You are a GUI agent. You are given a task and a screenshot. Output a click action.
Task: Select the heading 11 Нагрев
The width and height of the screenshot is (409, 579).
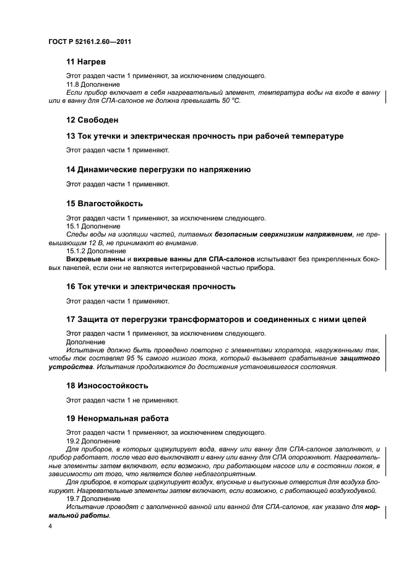tap(86, 63)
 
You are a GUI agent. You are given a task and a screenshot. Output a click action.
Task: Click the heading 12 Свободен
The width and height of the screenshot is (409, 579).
tap(92, 119)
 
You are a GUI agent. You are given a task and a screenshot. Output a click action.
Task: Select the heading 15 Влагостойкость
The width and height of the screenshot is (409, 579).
tap(105, 203)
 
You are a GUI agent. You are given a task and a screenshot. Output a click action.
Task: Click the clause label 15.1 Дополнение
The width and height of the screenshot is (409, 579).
tap(93, 227)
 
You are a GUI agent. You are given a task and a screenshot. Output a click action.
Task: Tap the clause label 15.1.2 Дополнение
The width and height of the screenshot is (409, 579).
tap(96, 251)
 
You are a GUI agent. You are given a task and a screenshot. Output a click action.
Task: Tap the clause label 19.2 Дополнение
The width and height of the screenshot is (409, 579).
tap(93, 440)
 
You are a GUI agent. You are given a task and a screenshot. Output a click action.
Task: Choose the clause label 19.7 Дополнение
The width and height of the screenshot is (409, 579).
tap(93, 498)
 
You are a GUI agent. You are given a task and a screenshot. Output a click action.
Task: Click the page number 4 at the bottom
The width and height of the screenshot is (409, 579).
tap(50, 526)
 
